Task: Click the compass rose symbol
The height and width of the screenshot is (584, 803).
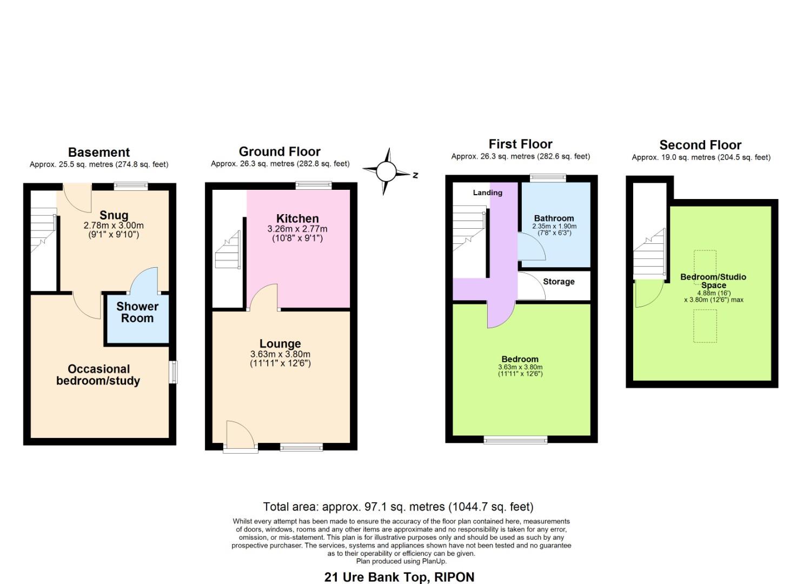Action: click(x=386, y=171)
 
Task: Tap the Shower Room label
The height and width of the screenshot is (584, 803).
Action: click(x=137, y=313)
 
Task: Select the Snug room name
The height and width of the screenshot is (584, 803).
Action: click(x=114, y=215)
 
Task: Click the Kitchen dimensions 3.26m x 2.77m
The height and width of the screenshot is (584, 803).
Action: click(x=297, y=229)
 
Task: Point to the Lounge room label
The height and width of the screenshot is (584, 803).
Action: click(x=280, y=344)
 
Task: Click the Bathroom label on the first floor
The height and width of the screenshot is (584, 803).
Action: click(x=554, y=218)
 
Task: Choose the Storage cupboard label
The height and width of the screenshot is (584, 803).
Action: click(x=559, y=282)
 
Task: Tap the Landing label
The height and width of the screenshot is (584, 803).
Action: click(x=487, y=193)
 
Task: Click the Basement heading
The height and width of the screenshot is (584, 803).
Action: click(x=99, y=152)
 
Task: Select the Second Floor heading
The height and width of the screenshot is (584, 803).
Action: click(x=700, y=145)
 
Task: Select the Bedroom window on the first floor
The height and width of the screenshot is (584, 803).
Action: click(x=515, y=439)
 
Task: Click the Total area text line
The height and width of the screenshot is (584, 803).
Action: click(x=398, y=507)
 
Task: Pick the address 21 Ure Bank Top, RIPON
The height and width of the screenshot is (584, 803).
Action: click(x=399, y=577)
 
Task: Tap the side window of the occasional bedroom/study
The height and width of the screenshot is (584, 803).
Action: click(x=173, y=372)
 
